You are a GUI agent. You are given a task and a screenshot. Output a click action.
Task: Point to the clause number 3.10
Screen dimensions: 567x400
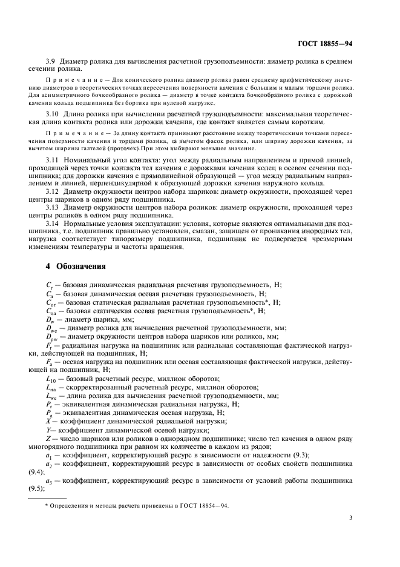53,113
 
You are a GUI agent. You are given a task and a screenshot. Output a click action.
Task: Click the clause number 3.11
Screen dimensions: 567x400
53,159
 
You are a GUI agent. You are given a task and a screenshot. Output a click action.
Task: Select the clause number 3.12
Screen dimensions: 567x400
53,191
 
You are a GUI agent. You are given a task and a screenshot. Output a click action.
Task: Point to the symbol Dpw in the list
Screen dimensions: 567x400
53,337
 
